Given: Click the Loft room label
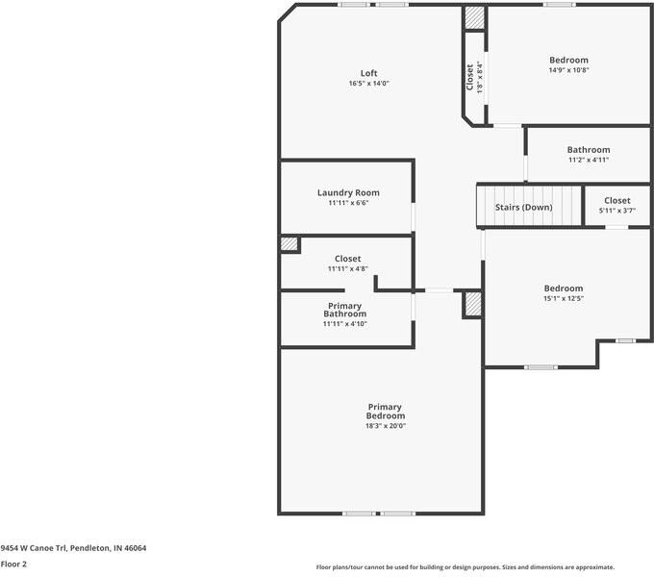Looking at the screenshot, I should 369,73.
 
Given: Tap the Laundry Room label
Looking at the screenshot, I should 348,192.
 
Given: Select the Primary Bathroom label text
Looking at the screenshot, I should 344,310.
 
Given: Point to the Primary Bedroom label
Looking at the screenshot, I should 385,411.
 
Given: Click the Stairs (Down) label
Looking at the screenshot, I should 523,207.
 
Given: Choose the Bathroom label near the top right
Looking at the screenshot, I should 588,150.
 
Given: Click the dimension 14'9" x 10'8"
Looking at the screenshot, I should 568,69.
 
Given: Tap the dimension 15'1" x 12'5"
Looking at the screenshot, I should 563,298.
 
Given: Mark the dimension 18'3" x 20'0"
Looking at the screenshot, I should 385,426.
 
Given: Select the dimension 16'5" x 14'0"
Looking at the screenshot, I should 369,84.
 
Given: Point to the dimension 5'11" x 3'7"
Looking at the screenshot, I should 617,210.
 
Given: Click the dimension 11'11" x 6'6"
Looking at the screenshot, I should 348,203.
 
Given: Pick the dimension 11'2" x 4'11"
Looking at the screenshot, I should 588,160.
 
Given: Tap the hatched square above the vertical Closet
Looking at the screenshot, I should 474,18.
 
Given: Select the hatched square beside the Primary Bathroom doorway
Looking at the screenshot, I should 472,305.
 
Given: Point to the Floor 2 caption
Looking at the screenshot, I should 13,564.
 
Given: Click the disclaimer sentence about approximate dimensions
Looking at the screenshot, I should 465,567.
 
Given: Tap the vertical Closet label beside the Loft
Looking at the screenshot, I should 470,77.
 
